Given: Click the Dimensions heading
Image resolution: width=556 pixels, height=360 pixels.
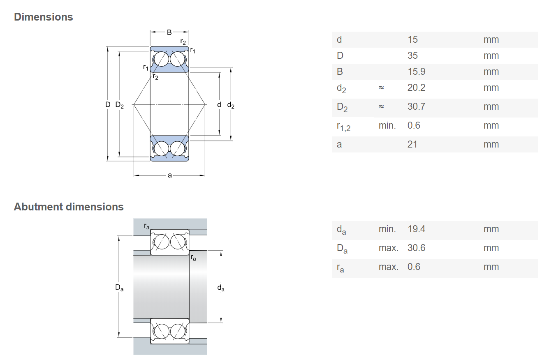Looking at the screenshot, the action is [44, 17].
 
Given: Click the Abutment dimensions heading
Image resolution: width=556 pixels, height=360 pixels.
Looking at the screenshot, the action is [69, 207].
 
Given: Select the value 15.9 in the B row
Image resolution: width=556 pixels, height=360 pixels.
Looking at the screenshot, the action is [416, 72].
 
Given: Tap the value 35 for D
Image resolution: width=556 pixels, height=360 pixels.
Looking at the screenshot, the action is [412, 55].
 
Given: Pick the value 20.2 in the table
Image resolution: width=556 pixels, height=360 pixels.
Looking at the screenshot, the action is [416, 88].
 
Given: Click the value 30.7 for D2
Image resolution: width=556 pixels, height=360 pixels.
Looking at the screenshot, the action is [416, 106].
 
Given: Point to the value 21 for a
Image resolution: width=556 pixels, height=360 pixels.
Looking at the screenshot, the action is [412, 144].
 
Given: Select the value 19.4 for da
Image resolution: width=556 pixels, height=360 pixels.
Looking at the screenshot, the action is [416, 229].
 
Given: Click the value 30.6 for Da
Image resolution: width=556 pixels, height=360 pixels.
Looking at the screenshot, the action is [416, 248].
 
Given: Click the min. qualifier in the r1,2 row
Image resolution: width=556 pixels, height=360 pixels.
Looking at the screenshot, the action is [387, 125].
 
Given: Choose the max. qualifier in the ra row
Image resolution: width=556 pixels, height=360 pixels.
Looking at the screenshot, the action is [389, 267].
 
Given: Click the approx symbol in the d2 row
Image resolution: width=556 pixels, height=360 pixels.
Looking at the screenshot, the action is [381, 88].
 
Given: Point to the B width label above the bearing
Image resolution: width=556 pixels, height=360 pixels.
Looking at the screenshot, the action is [169, 32].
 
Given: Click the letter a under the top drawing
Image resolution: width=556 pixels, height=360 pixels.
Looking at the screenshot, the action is [170, 175].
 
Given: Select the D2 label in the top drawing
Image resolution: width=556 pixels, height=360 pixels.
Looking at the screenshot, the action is [120, 105].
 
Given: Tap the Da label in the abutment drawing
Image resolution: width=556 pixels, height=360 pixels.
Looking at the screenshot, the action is [119, 288].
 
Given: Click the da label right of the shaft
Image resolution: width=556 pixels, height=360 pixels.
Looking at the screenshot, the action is [221, 288].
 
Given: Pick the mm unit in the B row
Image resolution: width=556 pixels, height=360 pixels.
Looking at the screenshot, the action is [491, 72].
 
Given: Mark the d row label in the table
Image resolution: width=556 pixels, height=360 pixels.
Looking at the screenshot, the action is [339, 39].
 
